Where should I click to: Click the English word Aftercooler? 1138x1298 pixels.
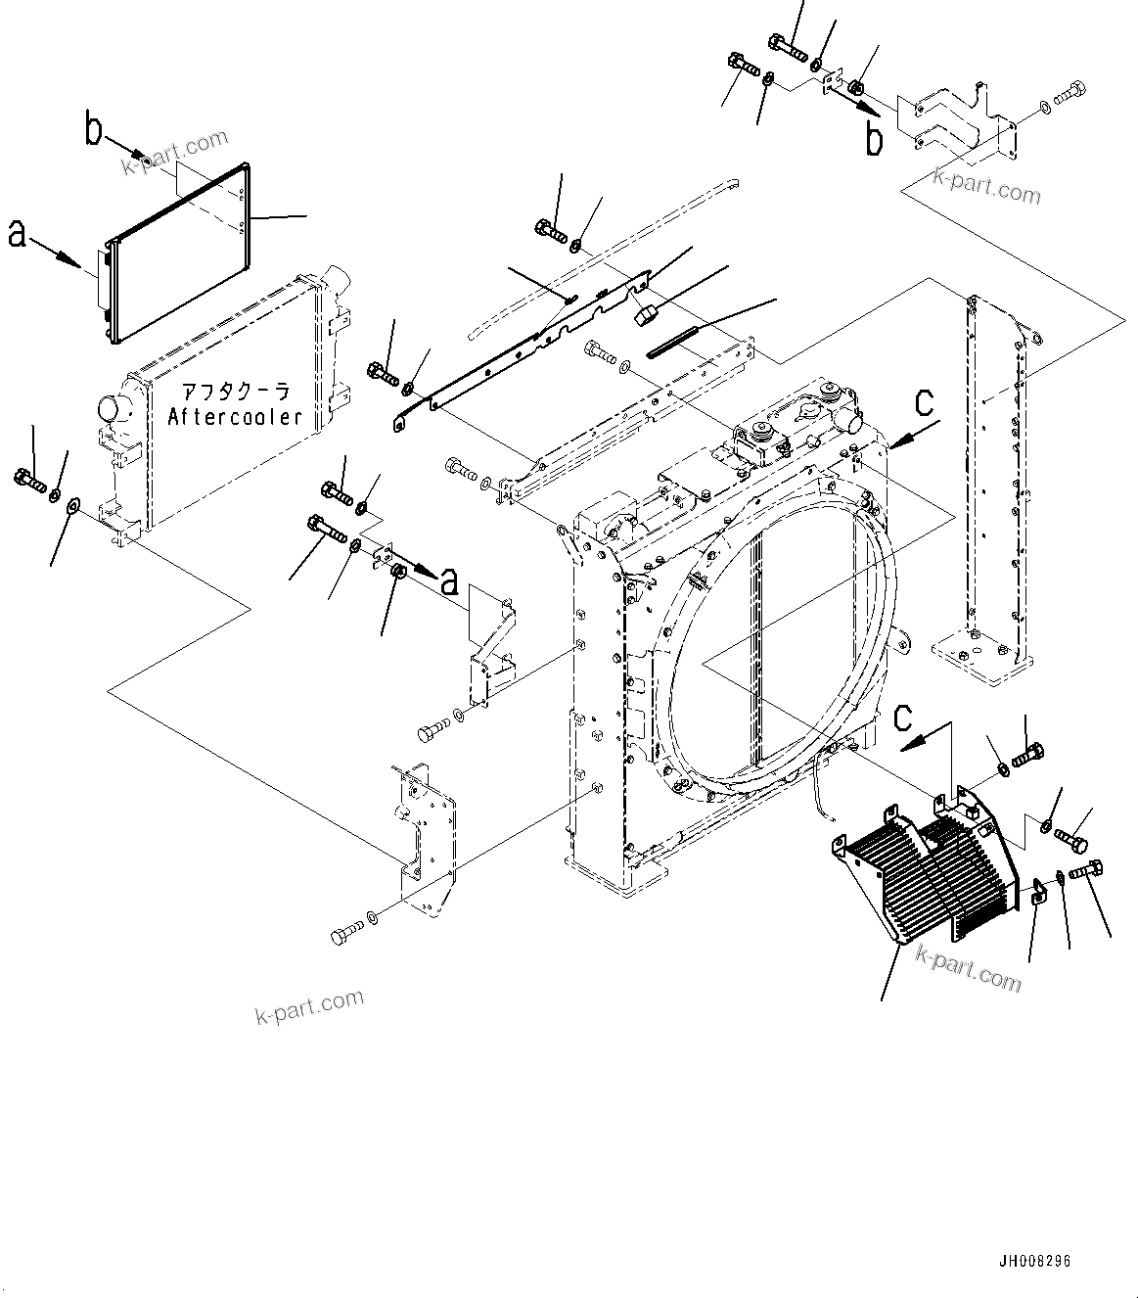click(x=235, y=417)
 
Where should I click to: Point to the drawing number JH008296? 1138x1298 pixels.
click(x=1034, y=1261)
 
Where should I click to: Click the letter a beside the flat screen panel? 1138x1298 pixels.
click(x=18, y=234)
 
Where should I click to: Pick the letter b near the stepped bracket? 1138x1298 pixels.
click(x=874, y=138)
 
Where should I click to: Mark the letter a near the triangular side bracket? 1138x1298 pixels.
click(x=449, y=582)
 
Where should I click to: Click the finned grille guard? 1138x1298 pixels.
click(x=920, y=876)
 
